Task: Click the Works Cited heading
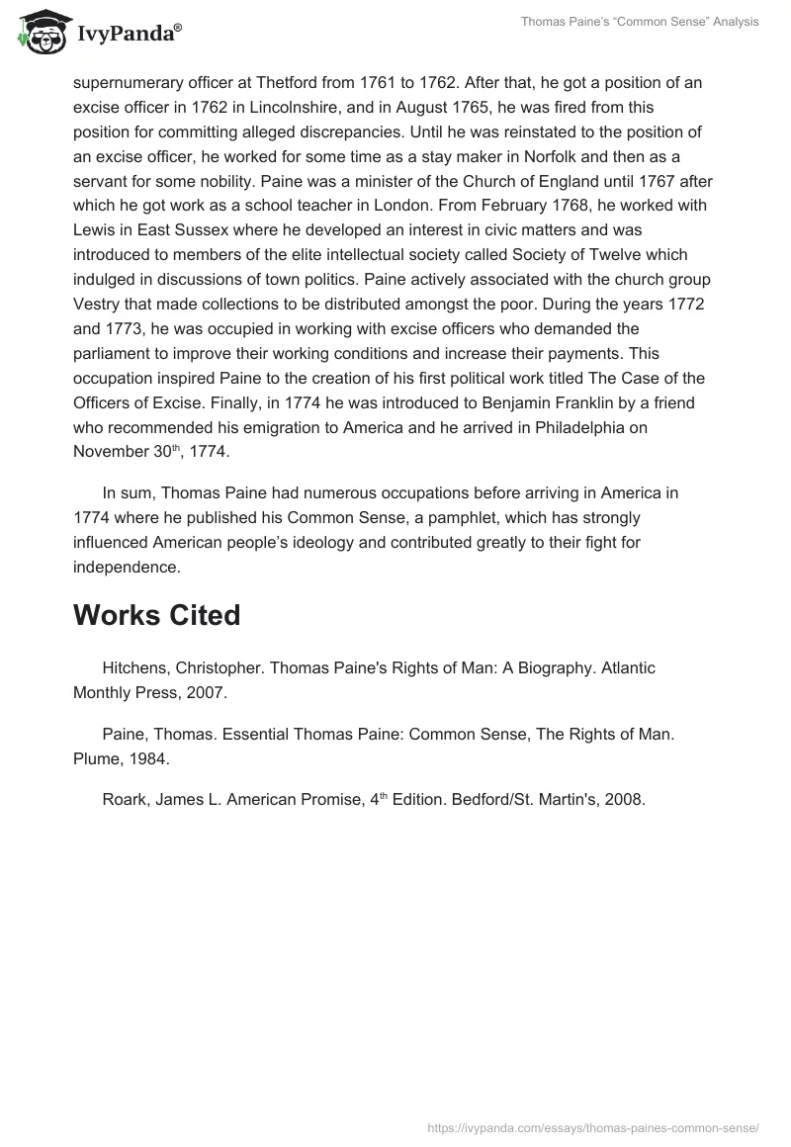156,615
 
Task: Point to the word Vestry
99,303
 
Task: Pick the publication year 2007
207,692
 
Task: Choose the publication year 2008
624,800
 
